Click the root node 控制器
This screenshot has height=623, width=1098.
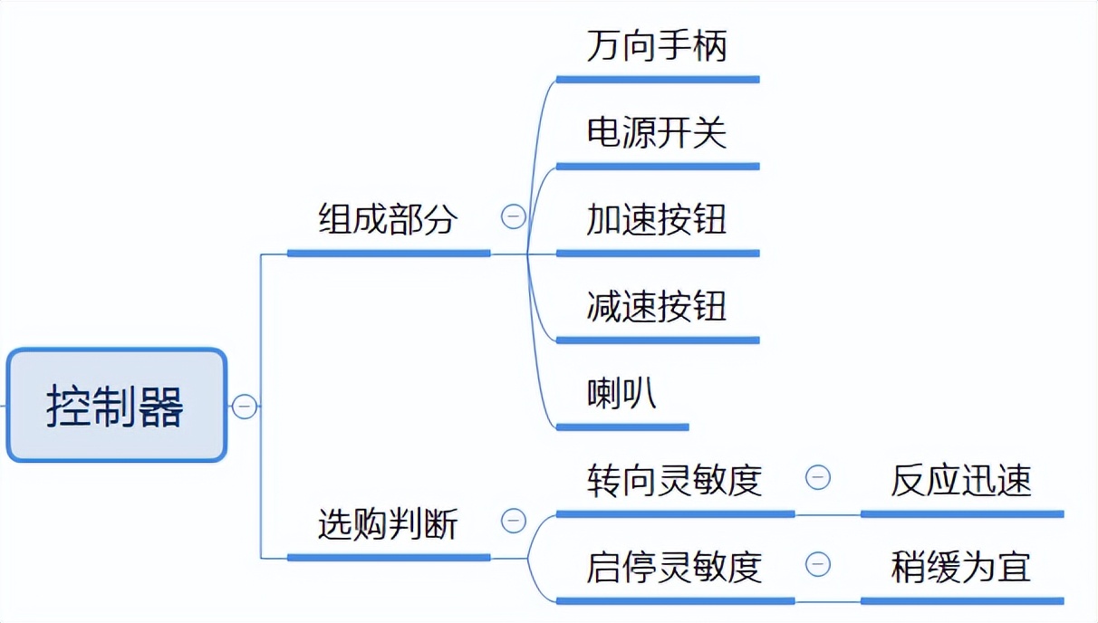point(116,406)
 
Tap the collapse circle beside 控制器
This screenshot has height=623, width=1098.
point(244,407)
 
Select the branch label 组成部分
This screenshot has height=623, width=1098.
point(388,219)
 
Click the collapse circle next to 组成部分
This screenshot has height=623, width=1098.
point(513,217)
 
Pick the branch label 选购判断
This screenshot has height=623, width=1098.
point(388,523)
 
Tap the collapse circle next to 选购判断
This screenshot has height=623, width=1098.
point(513,521)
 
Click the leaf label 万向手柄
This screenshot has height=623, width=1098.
point(656,46)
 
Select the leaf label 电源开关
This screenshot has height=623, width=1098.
point(656,133)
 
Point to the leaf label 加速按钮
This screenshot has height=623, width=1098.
point(656,220)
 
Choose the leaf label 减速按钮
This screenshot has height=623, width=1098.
point(656,306)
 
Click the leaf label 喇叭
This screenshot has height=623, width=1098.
point(621,394)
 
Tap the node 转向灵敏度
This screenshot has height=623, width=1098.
point(674,480)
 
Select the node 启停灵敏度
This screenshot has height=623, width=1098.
point(674,567)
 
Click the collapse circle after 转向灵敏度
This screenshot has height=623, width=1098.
point(817,477)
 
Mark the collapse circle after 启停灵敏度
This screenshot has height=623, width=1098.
point(817,564)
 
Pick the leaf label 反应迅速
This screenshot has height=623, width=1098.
point(960,480)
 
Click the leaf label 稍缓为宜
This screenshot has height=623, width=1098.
point(960,567)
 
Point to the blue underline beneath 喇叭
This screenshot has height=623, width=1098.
point(621,427)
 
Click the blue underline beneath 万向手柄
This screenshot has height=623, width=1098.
point(657,80)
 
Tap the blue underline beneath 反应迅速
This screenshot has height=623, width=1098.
point(961,513)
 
